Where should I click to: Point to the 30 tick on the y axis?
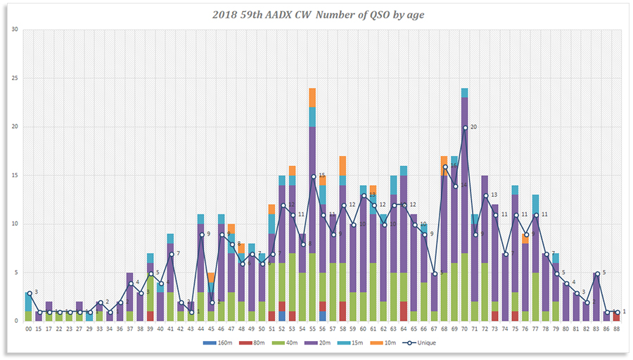[x=13, y=30]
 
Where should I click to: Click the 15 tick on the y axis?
[x=13, y=176]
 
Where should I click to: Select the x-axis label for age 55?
[x=312, y=328]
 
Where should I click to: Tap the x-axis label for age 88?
[x=617, y=328]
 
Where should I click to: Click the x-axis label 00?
[x=28, y=328]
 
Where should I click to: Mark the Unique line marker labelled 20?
[x=465, y=128]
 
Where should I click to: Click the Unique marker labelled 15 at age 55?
[x=312, y=176]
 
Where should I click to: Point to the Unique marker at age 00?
[x=28, y=292]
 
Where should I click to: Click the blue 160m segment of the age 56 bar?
[x=322, y=316]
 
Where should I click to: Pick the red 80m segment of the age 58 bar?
[x=343, y=311]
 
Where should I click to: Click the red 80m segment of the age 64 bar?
[x=404, y=311]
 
